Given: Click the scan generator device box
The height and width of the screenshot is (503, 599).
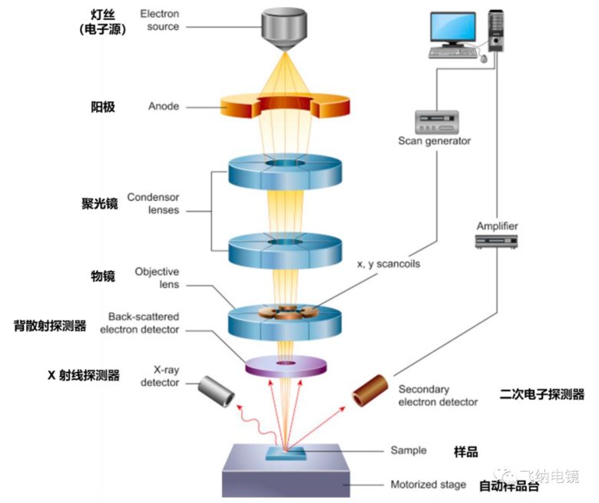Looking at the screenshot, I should coord(434,122).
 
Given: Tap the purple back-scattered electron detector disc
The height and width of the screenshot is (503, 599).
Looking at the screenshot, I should coord(286,366).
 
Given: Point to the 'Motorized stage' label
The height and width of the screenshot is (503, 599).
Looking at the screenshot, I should coord(428,485).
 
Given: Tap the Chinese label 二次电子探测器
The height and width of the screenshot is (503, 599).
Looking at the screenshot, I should coord(541,394).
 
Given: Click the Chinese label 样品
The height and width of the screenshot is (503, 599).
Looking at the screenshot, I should coord(466,452).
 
